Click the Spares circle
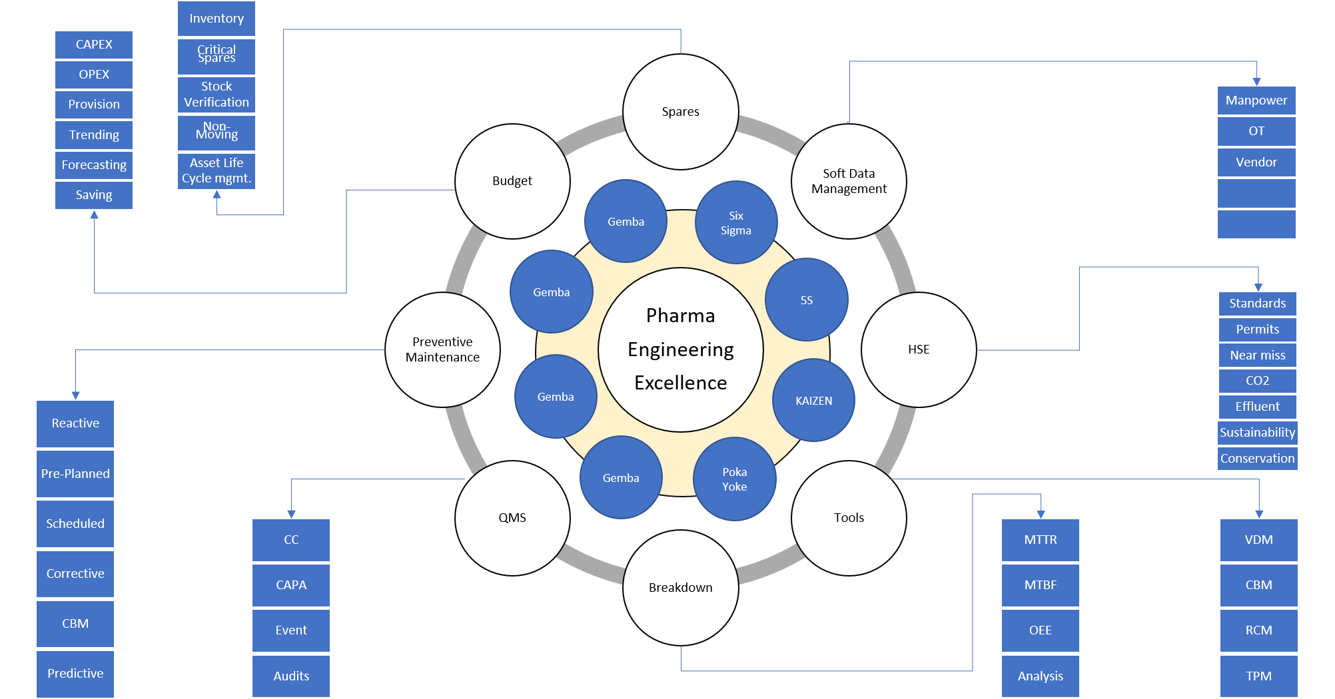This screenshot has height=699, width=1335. [680, 112]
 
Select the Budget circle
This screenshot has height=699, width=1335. [512, 181]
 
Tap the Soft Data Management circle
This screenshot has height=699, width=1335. [849, 181]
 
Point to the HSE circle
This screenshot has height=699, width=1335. [919, 349]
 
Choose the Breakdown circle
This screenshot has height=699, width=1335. [680, 587]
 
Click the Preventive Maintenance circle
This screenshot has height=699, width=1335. [442, 349]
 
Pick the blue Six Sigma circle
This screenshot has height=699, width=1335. [736, 222]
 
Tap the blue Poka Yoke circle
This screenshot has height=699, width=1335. [735, 479]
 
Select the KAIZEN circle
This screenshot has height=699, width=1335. [813, 400]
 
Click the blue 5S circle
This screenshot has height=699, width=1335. [807, 300]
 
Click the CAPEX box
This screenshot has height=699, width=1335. [94, 45]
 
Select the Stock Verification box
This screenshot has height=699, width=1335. [217, 95]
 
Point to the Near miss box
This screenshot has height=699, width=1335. [1258, 355]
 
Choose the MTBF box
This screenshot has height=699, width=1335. [1041, 585]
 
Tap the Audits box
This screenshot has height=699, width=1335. [291, 676]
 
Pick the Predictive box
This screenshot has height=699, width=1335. [75, 674]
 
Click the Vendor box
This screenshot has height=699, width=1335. [1256, 162]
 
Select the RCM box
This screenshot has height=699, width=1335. [1259, 630]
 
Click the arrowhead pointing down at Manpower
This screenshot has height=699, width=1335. [1256, 82]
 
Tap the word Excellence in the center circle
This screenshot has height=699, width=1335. [680, 383]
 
